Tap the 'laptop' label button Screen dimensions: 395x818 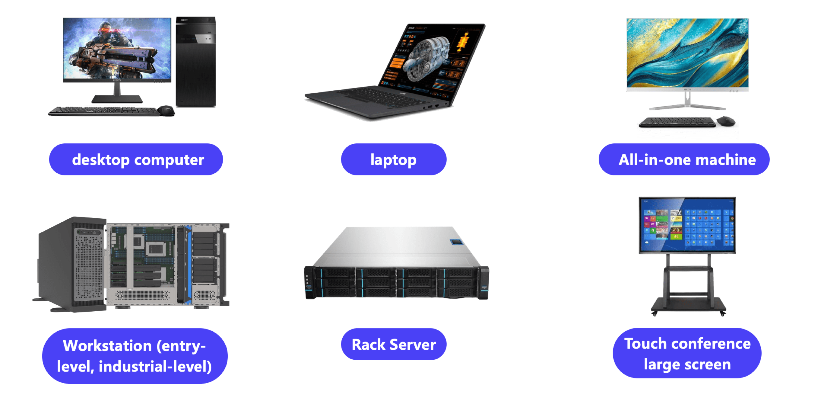pos(393,159)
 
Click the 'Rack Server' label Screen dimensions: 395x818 pos(393,345)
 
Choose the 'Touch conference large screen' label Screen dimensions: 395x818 pos(687,353)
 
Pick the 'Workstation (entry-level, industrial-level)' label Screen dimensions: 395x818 pos(135,356)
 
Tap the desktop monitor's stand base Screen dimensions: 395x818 pos(117,99)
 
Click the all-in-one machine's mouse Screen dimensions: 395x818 pos(726,121)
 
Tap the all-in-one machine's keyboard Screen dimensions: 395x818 pos(676,122)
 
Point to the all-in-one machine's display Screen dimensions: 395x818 pos(687,53)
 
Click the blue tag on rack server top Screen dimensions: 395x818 pos(457,242)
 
